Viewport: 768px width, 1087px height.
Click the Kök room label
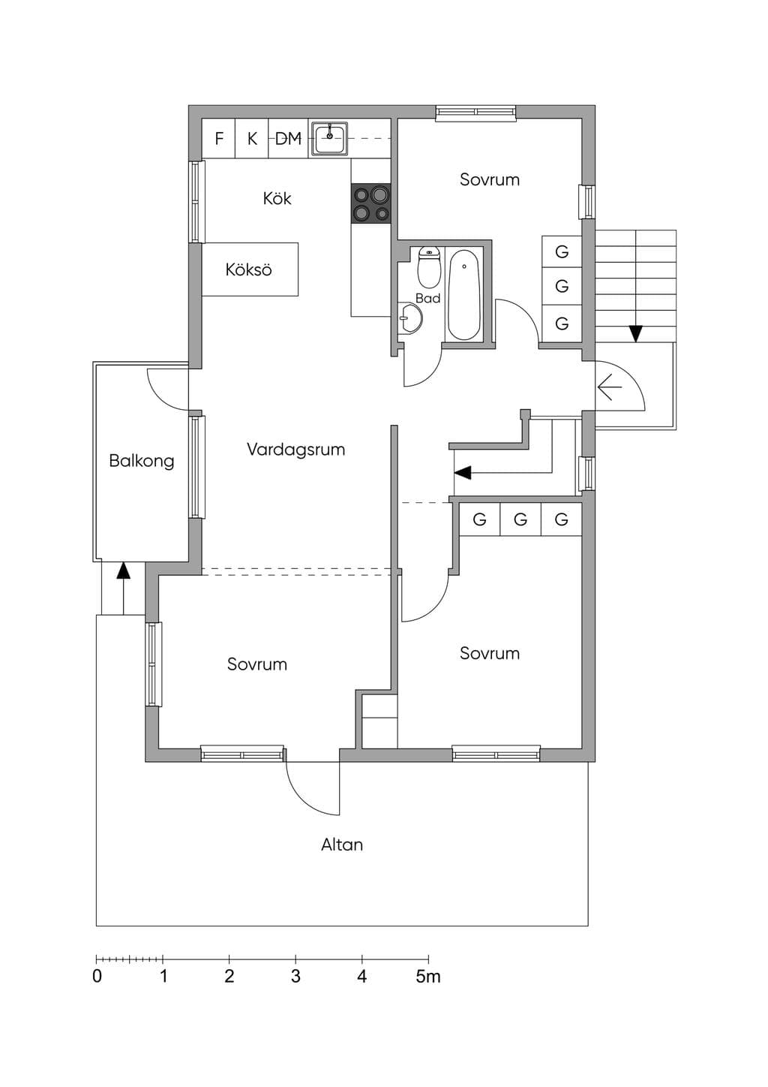tap(277, 198)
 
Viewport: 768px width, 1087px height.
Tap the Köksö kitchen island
tap(250, 269)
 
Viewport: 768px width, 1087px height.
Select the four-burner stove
tap(371, 204)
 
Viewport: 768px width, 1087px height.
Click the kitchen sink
tap(329, 138)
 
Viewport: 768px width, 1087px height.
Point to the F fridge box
tap(219, 138)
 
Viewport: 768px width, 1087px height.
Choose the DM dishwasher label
tap(289, 139)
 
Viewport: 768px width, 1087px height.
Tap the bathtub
tap(464, 295)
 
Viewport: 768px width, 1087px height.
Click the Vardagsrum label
tap(295, 450)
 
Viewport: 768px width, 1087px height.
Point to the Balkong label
tap(142, 460)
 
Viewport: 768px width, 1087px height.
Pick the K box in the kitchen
tap(252, 138)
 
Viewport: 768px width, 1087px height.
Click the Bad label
tap(427, 298)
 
